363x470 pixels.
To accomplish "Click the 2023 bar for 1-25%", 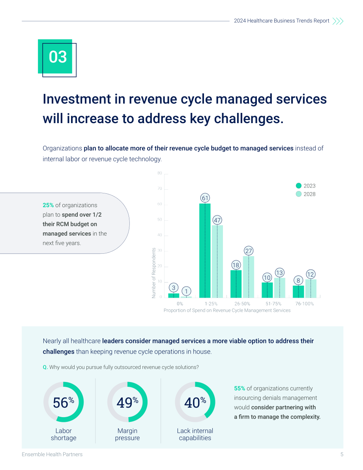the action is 205,251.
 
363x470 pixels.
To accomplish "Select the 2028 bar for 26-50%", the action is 249,277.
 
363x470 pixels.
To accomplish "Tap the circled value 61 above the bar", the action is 205,198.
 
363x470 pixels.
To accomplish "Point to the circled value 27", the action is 249,251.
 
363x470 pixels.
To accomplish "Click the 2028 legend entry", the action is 306,194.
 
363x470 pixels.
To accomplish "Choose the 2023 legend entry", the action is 306,185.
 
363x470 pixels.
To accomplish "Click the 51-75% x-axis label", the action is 273,303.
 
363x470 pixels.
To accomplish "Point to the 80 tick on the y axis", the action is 159,173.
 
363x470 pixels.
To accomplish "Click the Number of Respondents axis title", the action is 154,273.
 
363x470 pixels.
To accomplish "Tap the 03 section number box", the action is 57,58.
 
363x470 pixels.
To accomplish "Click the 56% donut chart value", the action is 63,402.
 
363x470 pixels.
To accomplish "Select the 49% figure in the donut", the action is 127,402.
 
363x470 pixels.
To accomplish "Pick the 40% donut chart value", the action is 195,402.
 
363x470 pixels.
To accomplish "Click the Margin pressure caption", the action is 127,434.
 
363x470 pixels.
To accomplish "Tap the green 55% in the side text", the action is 240,388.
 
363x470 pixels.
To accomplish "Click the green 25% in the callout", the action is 48,205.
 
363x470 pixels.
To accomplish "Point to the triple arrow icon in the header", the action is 338,21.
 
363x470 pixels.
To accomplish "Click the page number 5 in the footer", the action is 342,455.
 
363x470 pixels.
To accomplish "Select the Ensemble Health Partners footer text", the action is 52,455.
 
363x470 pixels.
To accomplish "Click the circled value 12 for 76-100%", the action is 310,274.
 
